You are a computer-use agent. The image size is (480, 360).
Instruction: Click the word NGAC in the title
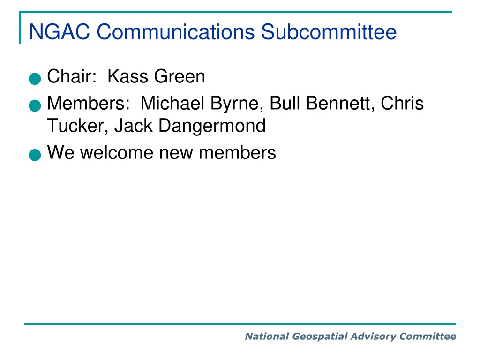click(60, 31)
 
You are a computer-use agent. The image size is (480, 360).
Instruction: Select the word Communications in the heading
click(176, 31)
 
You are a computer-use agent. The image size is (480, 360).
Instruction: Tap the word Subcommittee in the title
click(329, 31)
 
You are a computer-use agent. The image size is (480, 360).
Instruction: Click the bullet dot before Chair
click(35, 78)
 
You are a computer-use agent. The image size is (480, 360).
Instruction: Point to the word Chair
click(72, 76)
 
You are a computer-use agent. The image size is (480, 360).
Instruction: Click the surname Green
click(180, 76)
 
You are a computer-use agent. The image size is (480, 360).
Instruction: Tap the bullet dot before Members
click(35, 105)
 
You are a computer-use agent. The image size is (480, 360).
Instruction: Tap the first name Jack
click(133, 126)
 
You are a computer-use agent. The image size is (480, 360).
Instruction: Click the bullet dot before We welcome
click(35, 155)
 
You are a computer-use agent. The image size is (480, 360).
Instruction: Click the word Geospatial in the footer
click(320, 337)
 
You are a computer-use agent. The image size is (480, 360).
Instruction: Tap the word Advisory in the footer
click(373, 337)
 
